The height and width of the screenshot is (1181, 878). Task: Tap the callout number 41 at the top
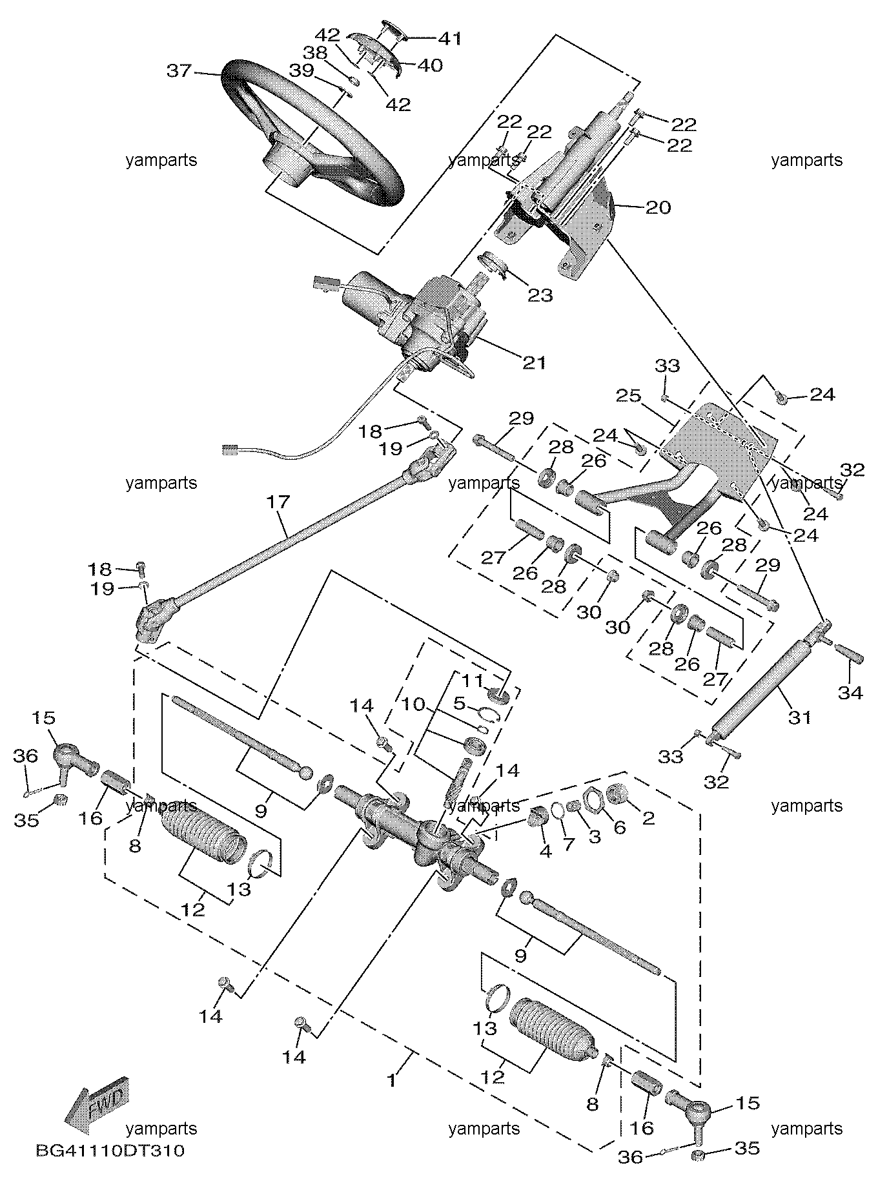tap(450, 39)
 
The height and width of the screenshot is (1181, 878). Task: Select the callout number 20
tap(658, 207)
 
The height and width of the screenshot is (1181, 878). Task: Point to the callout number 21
tap(533, 362)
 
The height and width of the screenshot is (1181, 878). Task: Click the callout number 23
tap(540, 295)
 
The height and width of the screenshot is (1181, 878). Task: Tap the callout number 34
tap(850, 693)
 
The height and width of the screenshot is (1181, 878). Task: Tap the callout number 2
tap(648, 818)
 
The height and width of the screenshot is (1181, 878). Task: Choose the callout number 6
tap(619, 828)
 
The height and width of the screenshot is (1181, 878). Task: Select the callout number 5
tap(459, 701)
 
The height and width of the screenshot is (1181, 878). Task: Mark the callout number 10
tap(414, 703)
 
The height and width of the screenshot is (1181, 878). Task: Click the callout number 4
tap(546, 851)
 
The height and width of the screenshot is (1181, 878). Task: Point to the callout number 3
tap(594, 837)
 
